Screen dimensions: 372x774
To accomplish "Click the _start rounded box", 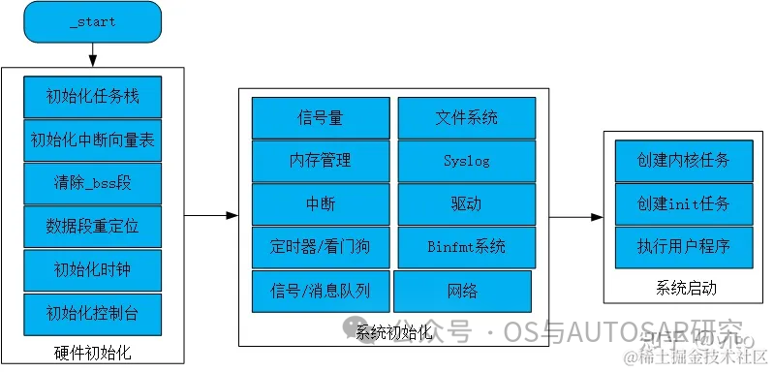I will pos(93,22).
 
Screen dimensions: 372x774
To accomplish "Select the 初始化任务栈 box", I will pos(92,97).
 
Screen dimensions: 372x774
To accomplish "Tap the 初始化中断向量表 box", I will pos(92,140).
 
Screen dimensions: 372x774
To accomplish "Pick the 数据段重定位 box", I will pos(92,227).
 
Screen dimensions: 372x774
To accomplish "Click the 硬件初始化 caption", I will pos(92,351).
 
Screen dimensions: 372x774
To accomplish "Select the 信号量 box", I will pos(320,118).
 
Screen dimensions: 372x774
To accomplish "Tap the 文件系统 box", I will pos(466,118).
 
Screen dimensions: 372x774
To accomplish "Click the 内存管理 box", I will pos(320,161).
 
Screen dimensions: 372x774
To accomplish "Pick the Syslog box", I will pos(466,161).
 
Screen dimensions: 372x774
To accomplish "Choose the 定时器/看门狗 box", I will pos(320,247).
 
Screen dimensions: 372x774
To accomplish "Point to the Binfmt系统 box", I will pos(466,247).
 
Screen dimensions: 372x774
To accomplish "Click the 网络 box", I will pos(462,292).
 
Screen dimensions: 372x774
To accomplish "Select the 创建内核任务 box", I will pos(670,160).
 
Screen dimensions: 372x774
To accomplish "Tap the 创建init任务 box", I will pos(670,203).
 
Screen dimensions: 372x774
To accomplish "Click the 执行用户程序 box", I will pos(670,246).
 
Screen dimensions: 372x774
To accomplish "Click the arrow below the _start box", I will pos(93,56).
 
